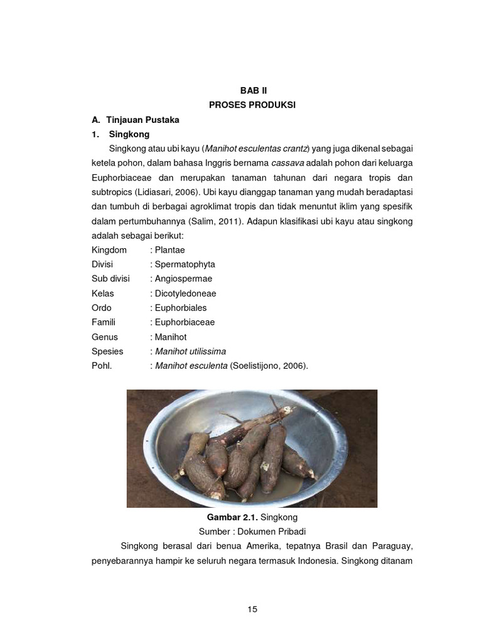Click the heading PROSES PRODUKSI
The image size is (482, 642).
tap(252, 105)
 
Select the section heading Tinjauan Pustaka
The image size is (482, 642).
tap(143, 119)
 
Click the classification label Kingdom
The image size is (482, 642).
tap(109, 250)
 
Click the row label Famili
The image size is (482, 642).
tap(104, 322)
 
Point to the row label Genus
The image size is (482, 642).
tap(105, 337)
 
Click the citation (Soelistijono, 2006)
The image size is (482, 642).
tap(269, 366)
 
